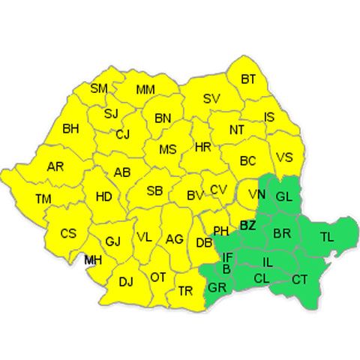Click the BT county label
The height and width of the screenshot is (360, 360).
248,79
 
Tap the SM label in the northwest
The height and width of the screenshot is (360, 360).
99,88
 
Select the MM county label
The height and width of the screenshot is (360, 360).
145,90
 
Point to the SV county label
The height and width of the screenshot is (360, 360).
211,98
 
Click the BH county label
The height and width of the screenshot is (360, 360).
70,129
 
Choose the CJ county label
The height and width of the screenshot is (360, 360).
123,134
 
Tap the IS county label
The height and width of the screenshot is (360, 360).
270,117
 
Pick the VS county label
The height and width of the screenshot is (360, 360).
284,157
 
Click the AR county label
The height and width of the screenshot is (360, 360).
55,166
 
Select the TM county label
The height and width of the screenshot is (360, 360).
43,199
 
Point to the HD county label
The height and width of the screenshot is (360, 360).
104,197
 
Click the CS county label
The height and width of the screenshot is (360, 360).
68,233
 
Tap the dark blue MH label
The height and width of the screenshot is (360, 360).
93,260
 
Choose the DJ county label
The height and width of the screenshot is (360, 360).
126,281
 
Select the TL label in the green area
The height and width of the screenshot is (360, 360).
327,236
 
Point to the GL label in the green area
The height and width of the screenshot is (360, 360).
283,197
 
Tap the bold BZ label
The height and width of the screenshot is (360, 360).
247,225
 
